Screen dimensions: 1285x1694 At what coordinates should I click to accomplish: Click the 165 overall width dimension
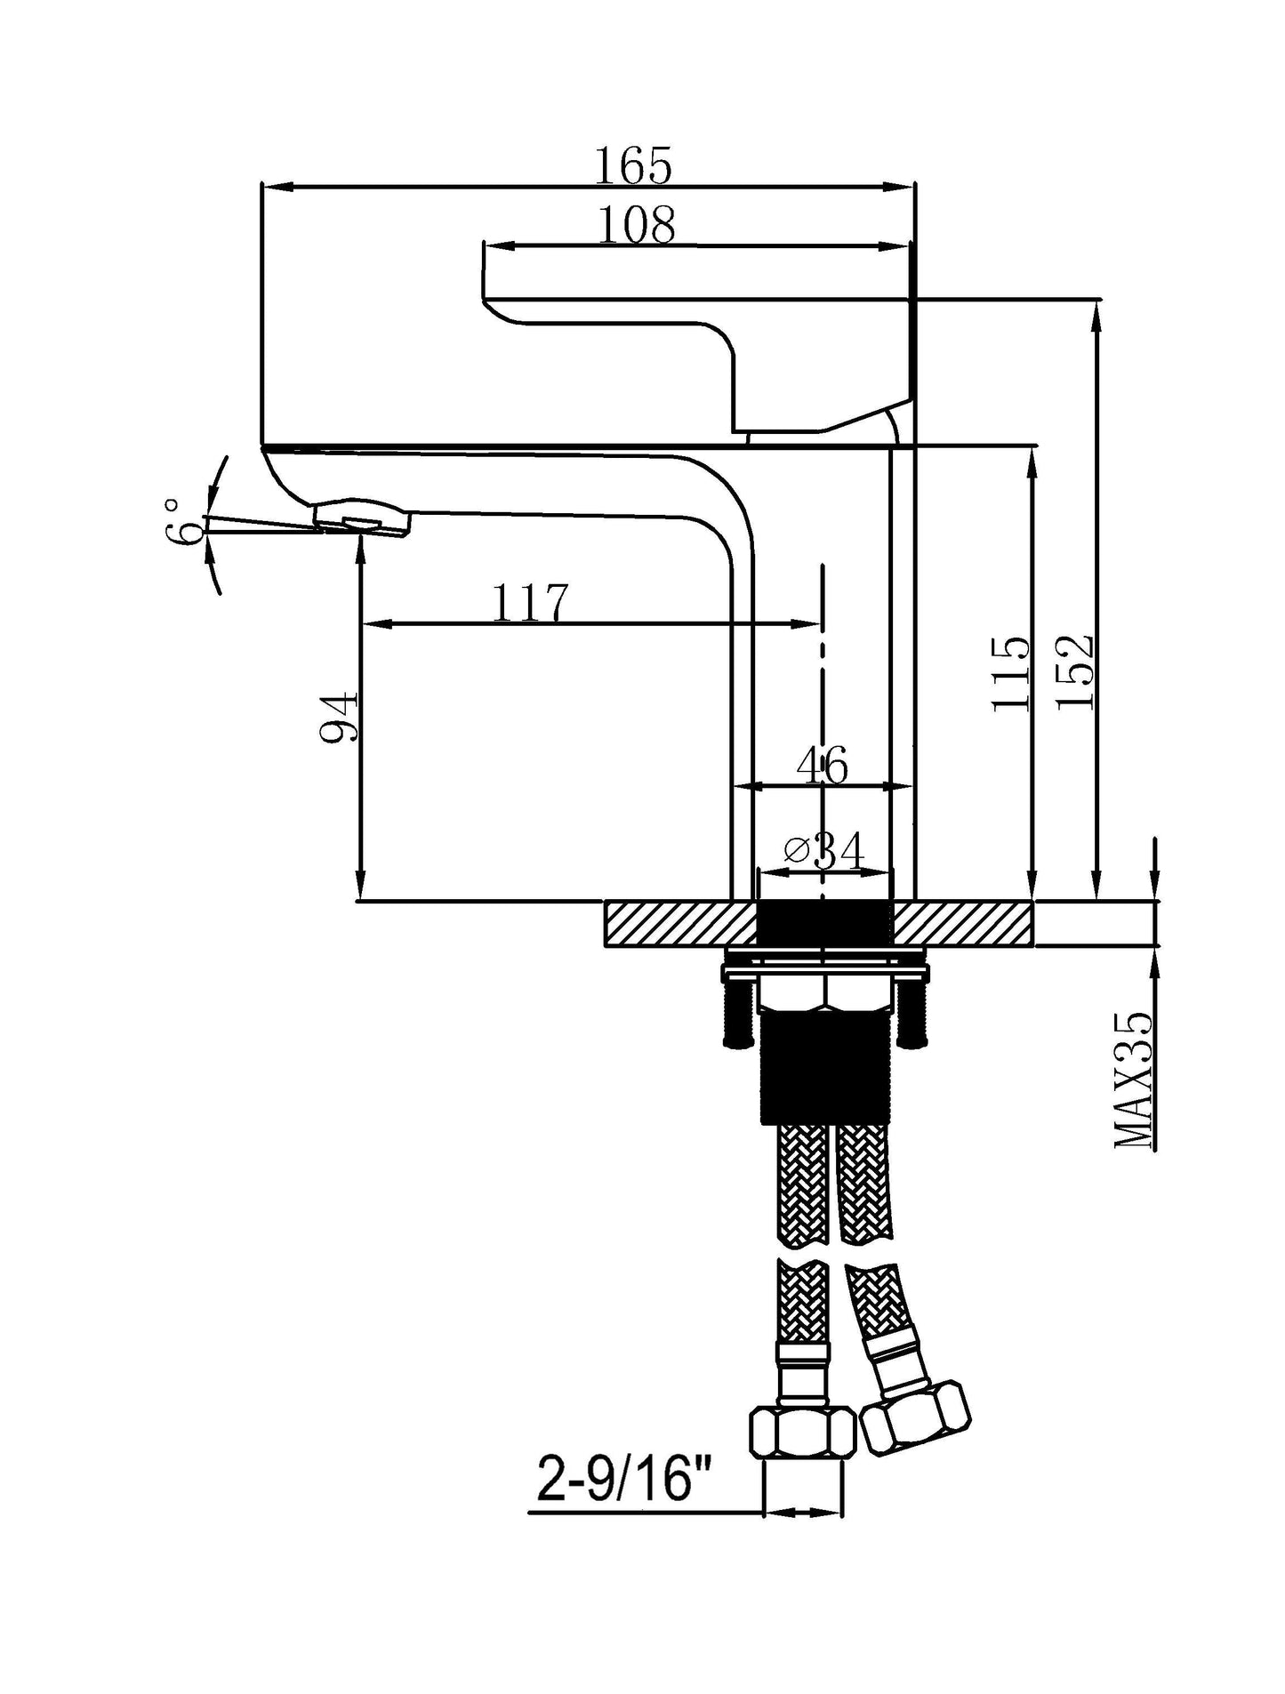tap(632, 166)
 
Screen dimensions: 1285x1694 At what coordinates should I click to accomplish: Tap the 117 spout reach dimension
tap(530, 603)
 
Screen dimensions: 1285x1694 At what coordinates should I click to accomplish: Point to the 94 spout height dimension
tap(339, 717)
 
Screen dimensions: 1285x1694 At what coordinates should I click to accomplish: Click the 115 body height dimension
tap(1011, 673)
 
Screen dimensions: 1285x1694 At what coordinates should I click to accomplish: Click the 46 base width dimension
tap(823, 765)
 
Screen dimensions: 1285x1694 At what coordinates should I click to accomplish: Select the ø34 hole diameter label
tap(824, 851)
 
